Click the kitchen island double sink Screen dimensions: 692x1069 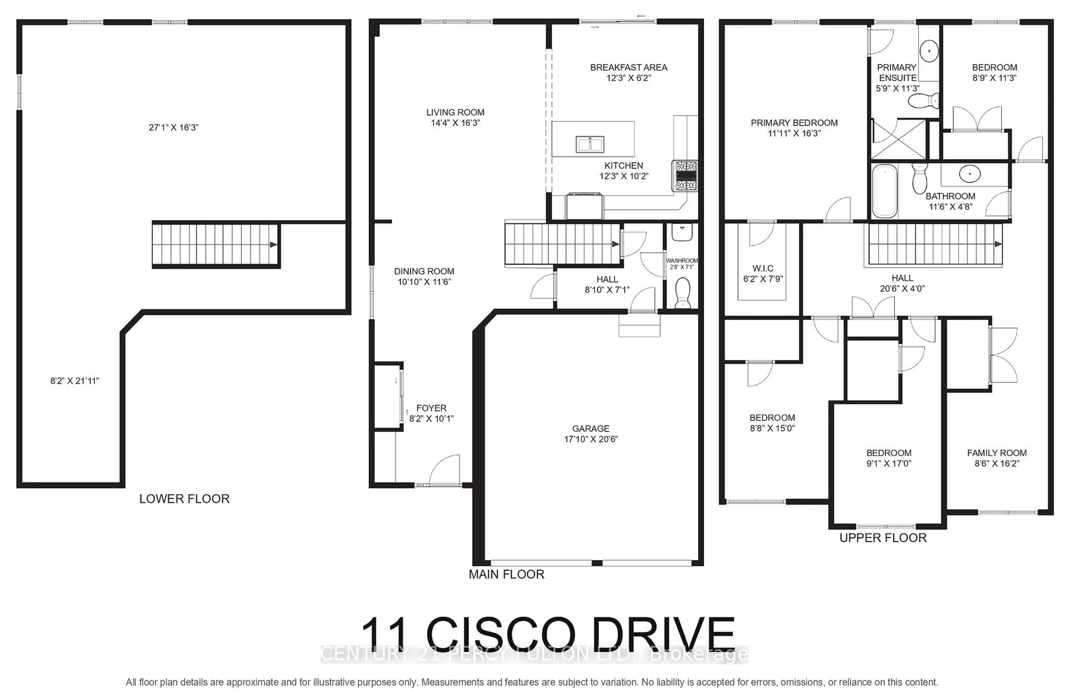tap(590, 144)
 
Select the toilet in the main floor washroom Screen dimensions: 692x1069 tap(682, 292)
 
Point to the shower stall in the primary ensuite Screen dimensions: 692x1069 tap(898, 138)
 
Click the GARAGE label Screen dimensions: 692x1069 tap(590, 429)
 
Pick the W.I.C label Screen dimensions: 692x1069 tap(763, 268)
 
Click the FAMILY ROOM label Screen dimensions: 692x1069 tap(996, 453)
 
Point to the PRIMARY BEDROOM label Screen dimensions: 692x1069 tap(794, 123)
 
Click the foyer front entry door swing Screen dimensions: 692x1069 tap(445, 470)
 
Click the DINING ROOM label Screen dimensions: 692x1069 tap(424, 271)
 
